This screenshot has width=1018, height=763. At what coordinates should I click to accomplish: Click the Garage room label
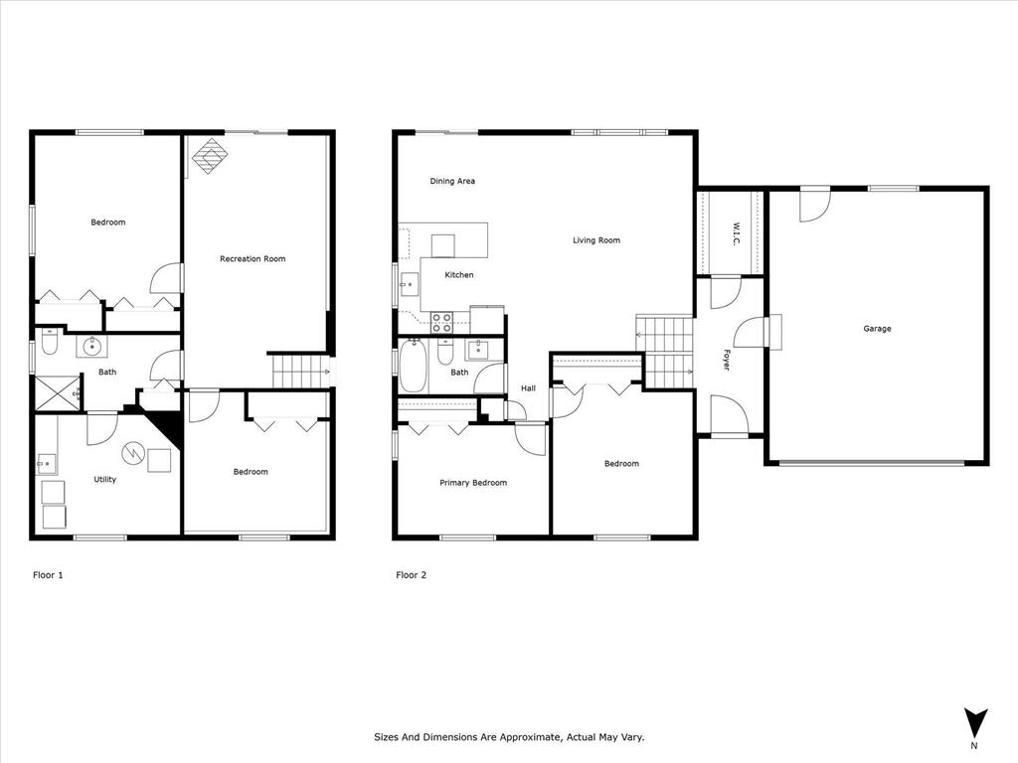coord(877,329)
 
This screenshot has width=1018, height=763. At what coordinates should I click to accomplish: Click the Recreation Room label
coord(253,259)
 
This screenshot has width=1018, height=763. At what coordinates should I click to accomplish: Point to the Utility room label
coord(104,480)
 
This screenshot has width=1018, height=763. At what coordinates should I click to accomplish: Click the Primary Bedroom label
coord(473,483)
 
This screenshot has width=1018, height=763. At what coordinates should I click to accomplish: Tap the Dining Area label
coord(452,181)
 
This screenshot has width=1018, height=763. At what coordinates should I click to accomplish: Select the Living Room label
coord(596,240)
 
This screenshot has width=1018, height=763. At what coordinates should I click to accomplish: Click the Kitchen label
coord(458,275)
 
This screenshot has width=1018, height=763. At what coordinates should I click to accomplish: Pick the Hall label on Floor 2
coord(528,388)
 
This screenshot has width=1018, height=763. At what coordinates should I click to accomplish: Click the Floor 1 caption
coord(48,575)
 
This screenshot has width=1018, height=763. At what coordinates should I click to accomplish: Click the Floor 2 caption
coord(411,575)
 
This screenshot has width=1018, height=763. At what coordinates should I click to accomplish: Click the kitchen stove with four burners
coord(441,322)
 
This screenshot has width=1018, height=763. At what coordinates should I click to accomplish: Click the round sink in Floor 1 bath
coord(91,347)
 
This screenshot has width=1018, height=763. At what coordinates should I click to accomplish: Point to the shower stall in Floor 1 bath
coord(58,393)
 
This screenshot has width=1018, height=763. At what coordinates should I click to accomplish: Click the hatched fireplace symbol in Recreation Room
coord(210,155)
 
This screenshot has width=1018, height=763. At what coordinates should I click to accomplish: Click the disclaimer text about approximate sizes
coord(509,737)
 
